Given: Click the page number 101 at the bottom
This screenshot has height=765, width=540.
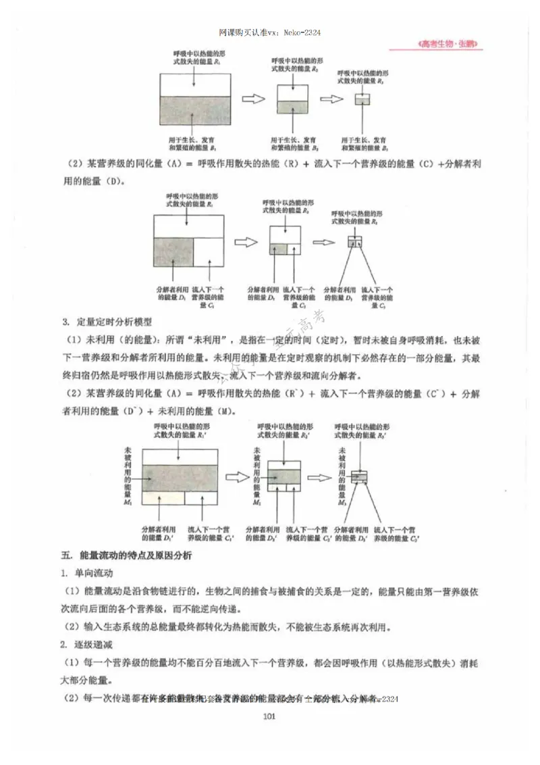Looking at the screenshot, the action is click(x=269, y=736).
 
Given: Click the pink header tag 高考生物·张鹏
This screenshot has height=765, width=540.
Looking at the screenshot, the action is click(x=448, y=45).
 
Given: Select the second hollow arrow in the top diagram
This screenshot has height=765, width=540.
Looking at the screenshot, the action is click(x=331, y=99).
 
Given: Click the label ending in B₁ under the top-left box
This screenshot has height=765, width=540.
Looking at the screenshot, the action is click(x=191, y=142).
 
